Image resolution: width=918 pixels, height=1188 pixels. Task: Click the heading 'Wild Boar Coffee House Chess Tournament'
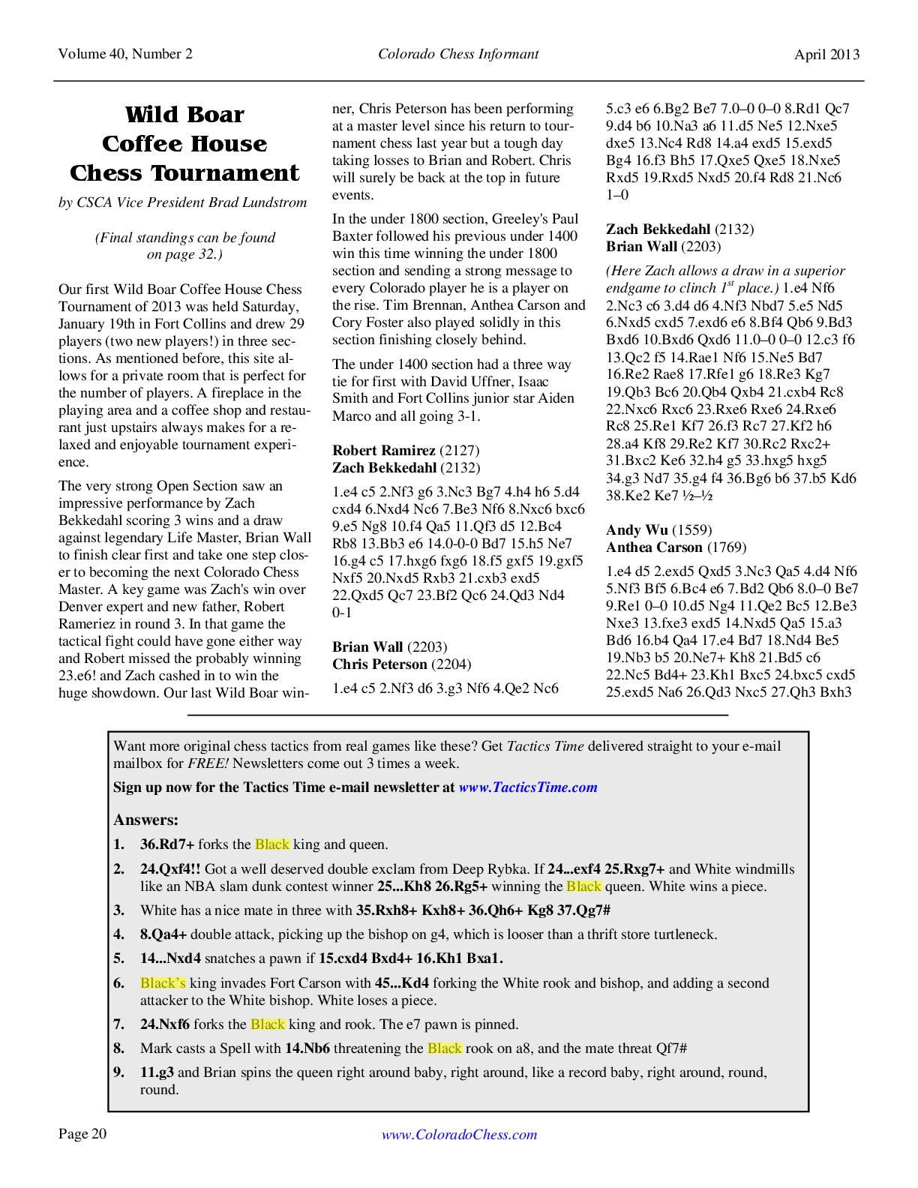(x=184, y=144)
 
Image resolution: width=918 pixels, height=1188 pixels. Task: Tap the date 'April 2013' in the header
(x=827, y=54)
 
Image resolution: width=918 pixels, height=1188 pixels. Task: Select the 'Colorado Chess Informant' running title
(x=458, y=54)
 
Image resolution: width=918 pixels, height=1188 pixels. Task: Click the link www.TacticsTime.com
(x=528, y=787)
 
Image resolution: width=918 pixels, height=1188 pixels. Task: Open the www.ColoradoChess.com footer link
(x=459, y=1135)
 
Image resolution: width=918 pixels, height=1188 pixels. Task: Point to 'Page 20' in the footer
(x=82, y=1134)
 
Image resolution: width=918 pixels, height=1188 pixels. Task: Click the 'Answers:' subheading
(x=145, y=820)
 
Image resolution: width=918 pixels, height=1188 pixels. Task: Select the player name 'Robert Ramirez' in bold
(x=383, y=451)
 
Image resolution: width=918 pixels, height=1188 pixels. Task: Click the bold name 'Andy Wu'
(x=637, y=530)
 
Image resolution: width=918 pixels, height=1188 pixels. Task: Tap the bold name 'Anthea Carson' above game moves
(x=654, y=547)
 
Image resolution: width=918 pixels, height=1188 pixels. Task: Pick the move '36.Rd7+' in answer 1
(x=167, y=844)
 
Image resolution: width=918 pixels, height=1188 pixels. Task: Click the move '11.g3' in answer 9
(x=157, y=1072)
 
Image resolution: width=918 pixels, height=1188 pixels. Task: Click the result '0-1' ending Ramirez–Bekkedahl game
(x=342, y=613)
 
